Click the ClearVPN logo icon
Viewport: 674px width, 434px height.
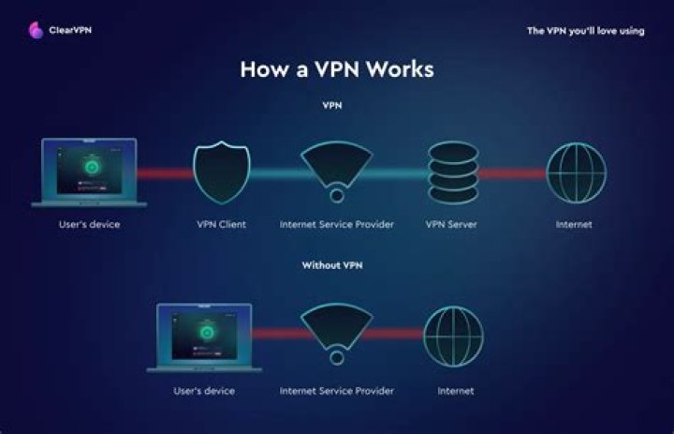point(34,30)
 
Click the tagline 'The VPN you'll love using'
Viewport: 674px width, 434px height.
point(585,31)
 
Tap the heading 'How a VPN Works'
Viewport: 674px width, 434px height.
point(337,69)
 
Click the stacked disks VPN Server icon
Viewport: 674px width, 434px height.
point(452,172)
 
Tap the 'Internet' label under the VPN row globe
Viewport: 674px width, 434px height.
point(573,225)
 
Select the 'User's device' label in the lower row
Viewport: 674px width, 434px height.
point(203,390)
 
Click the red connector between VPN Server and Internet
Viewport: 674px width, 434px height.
point(513,173)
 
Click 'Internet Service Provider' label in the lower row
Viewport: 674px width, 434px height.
point(336,390)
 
